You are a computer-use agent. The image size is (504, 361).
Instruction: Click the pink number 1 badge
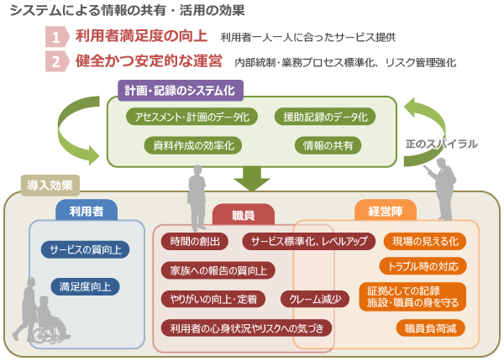click(57, 37)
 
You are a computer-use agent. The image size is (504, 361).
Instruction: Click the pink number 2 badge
click(57, 61)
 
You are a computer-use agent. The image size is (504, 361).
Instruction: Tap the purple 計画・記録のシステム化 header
click(181, 91)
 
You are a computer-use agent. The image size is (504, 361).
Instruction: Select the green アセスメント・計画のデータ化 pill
click(192, 117)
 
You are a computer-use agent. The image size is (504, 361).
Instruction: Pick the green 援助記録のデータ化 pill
click(325, 117)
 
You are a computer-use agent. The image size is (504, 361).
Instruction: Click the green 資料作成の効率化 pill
click(193, 145)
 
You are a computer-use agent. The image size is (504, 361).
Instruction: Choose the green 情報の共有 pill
click(328, 145)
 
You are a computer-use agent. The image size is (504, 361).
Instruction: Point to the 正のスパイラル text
click(441, 144)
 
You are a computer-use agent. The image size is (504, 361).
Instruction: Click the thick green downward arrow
click(252, 179)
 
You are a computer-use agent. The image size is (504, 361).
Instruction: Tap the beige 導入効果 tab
click(50, 186)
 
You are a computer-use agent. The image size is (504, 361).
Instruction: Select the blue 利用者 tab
click(87, 211)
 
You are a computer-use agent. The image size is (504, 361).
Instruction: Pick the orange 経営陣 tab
click(386, 211)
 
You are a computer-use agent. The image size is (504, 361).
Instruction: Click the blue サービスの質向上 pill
click(85, 249)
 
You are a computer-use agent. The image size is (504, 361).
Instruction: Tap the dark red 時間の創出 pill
click(195, 241)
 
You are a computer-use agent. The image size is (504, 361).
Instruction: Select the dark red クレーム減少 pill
click(315, 300)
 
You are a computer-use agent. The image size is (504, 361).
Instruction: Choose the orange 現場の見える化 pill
click(425, 241)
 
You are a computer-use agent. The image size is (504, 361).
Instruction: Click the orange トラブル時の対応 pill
click(423, 266)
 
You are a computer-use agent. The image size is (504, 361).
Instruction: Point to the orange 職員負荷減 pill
click(430, 328)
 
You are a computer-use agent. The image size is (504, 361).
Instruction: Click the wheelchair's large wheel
click(44, 334)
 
